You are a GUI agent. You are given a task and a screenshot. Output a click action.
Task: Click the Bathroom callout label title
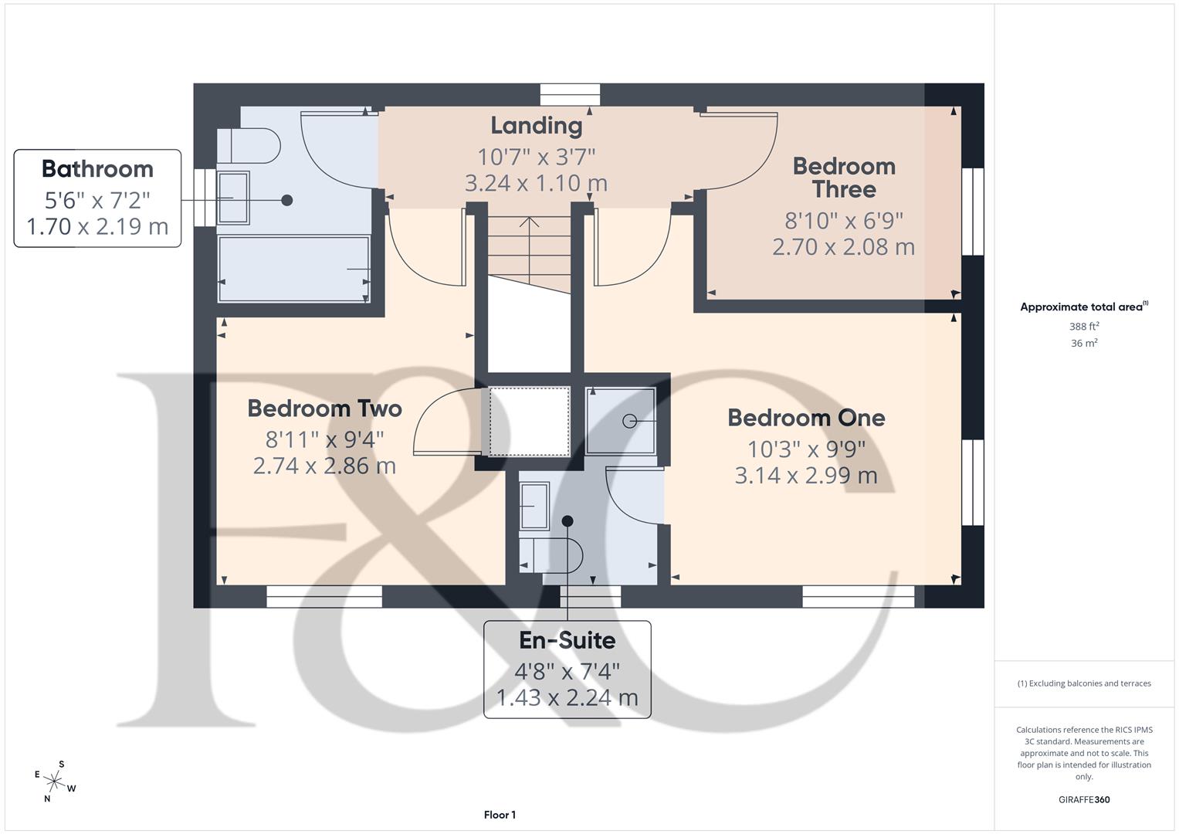point(97,169)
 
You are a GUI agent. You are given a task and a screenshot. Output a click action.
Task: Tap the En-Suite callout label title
point(567,640)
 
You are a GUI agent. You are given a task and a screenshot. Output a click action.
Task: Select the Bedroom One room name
point(806,418)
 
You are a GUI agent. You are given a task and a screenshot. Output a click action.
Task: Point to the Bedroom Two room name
point(324,409)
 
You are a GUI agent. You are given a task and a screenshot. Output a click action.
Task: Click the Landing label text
point(536,125)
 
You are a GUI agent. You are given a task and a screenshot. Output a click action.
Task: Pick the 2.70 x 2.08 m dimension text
point(843,247)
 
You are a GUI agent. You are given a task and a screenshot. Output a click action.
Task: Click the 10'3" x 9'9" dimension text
point(806,449)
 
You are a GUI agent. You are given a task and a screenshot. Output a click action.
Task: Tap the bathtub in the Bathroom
point(293,269)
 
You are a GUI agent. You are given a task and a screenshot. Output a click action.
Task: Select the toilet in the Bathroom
point(251,145)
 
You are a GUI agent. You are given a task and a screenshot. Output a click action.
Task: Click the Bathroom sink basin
point(233,198)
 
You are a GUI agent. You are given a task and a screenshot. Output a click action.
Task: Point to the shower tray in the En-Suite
point(622,421)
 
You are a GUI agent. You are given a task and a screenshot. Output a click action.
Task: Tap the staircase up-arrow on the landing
point(529,224)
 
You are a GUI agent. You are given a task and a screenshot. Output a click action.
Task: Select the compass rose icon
point(55,781)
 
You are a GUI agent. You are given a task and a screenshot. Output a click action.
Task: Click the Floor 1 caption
point(500,815)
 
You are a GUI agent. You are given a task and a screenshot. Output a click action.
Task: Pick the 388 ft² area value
point(1084,327)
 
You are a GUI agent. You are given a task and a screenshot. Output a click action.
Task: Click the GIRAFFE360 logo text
point(1084,799)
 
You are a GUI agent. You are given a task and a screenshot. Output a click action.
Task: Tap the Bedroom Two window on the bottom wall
point(324,596)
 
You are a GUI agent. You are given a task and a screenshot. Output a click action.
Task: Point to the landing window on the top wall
point(570,94)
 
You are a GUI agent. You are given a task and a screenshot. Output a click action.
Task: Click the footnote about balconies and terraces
point(1084,683)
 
